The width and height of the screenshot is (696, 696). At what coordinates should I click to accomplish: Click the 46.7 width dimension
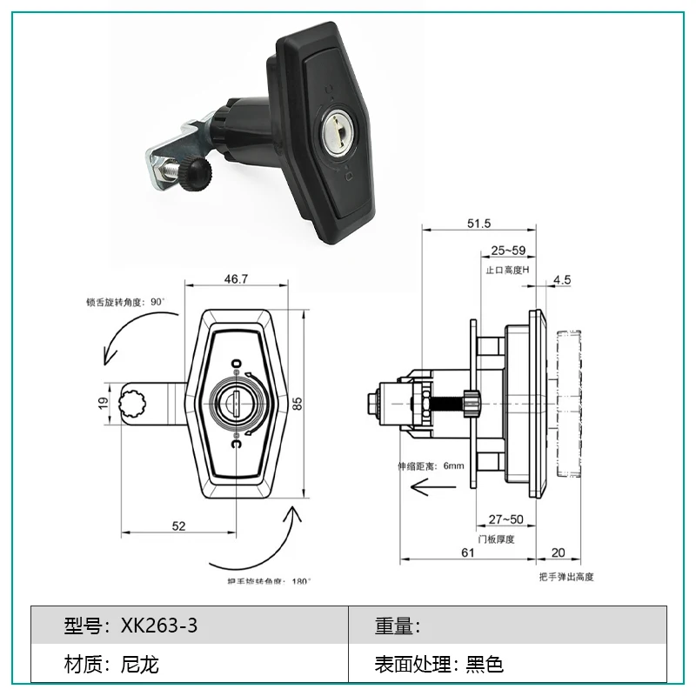tap(236, 278)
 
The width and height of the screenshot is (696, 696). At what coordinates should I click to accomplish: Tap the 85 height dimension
tap(297, 404)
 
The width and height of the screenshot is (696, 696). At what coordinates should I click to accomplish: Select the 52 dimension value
tap(178, 526)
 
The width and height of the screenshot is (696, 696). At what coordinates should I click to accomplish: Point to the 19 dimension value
tap(103, 403)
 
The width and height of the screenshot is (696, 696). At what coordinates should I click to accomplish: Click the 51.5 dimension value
tap(479, 224)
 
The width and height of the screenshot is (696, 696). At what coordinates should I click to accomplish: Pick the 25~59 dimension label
tap(508, 251)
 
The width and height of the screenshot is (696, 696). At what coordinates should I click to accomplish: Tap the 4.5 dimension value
tap(562, 279)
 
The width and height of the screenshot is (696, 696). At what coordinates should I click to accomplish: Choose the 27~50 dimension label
tap(506, 519)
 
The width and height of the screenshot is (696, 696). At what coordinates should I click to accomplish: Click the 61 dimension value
tap(468, 552)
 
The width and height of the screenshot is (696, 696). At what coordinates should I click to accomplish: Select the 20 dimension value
tap(558, 552)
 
